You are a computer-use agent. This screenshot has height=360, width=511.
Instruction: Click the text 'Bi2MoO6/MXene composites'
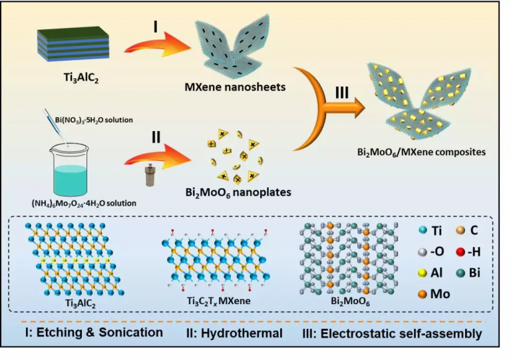[421, 152]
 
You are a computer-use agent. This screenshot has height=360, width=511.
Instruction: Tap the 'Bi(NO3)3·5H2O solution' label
[87, 120]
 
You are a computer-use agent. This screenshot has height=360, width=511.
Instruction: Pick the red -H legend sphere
[459, 252]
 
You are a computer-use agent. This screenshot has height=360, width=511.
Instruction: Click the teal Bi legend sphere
[459, 274]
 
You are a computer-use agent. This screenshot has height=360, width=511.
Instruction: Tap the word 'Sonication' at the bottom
[126, 333]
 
